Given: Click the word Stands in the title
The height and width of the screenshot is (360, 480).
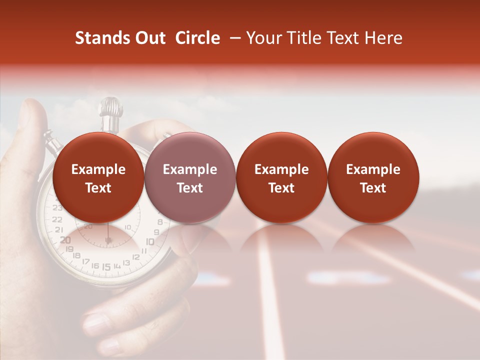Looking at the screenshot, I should pos(101,38).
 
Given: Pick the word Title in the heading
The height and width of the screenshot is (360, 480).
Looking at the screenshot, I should pos(302,38).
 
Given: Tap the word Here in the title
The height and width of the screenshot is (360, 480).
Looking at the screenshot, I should pos(384,38).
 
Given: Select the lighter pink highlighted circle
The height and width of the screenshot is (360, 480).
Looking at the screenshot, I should pos(190,177).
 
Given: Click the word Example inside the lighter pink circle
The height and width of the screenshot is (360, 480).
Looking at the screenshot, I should pos(190,169).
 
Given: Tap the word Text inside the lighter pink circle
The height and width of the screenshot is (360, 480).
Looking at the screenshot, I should pos(190,188).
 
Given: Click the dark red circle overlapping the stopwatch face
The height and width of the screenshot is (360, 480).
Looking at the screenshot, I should pos(98,177).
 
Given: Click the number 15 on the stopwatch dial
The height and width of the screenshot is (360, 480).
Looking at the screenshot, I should pos(106,266).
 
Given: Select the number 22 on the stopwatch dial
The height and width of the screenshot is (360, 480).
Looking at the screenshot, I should pos(57,219).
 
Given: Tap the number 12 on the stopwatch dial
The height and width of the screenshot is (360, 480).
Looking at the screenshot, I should pos(136,256).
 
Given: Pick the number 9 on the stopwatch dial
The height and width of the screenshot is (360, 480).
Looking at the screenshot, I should pos(156,232).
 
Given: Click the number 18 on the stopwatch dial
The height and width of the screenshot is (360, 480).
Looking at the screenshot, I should pos(76,255).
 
